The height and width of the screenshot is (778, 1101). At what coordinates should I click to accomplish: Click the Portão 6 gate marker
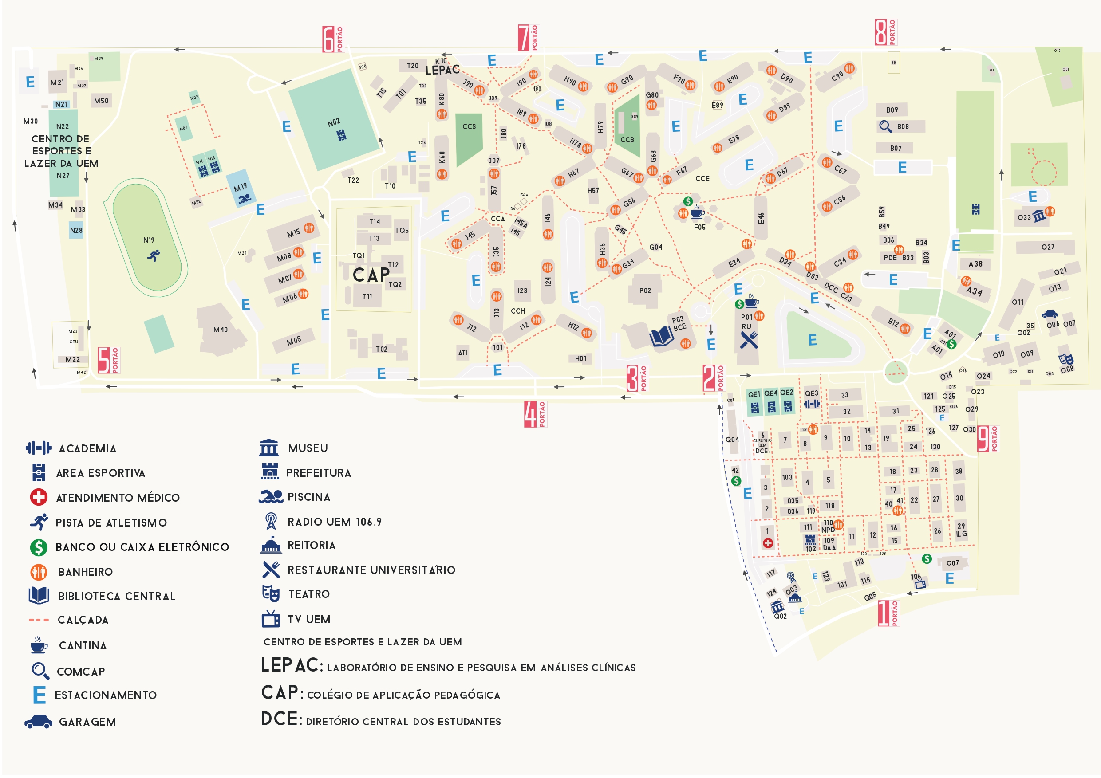point(333,39)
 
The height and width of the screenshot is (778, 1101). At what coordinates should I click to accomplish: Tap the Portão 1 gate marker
point(888,613)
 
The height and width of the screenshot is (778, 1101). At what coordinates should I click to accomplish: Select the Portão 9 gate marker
point(987,439)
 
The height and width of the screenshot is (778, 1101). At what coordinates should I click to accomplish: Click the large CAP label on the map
point(371,275)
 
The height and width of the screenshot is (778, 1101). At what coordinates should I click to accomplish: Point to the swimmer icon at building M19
point(245,198)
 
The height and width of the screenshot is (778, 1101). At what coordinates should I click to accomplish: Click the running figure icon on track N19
point(154,255)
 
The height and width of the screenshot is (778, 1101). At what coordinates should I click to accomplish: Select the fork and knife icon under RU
point(749,340)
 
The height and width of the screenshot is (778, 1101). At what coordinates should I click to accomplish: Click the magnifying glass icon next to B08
point(885,126)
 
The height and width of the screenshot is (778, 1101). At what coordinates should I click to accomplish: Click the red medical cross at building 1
point(768,543)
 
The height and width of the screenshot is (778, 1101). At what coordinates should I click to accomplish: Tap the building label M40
point(221,330)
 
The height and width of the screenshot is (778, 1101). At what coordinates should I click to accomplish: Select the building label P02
point(645,291)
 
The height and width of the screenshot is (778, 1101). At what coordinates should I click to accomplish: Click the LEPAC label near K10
point(442,71)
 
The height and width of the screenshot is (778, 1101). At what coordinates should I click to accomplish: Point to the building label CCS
point(469,126)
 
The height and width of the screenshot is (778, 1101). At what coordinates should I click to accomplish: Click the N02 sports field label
point(334,122)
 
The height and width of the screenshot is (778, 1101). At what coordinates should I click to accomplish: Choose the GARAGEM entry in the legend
point(87,722)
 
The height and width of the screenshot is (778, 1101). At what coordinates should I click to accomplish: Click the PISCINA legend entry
point(309,497)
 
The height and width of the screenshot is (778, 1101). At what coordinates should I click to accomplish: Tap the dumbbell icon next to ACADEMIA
point(38,448)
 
